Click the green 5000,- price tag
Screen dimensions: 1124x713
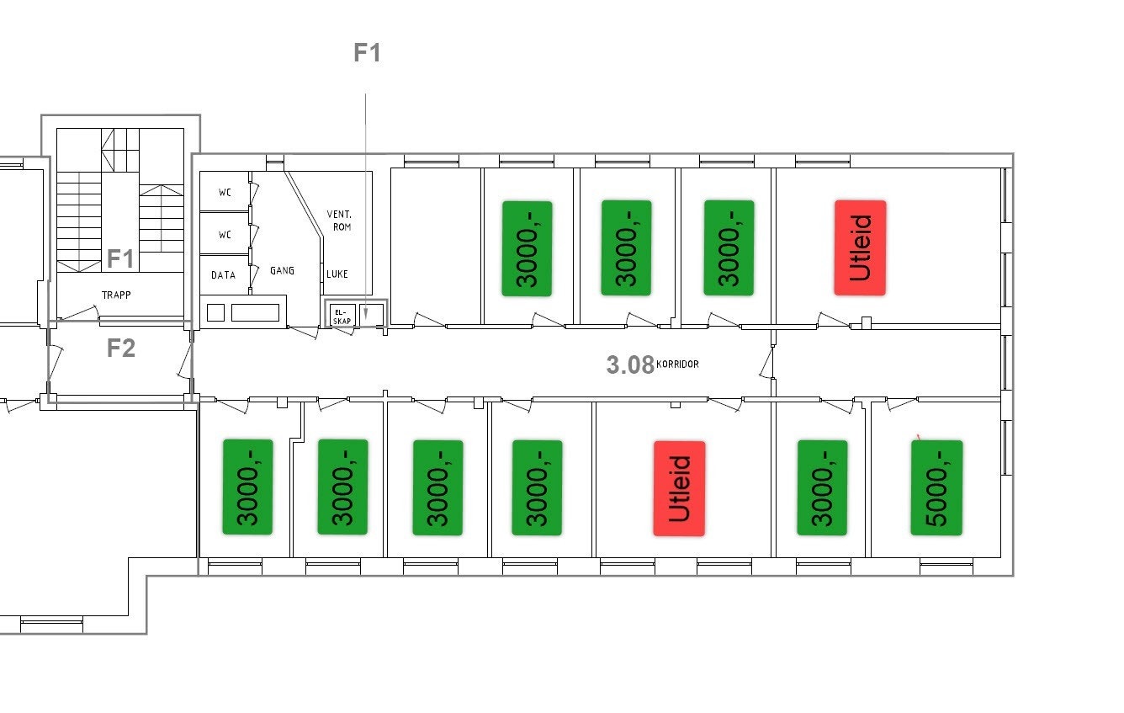(x=937, y=488)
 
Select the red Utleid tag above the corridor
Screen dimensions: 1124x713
(x=860, y=248)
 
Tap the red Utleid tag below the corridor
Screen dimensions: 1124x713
(x=680, y=488)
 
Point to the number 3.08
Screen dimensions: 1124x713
(x=630, y=365)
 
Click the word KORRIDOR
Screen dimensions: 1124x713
(x=677, y=364)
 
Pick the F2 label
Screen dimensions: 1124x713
(x=121, y=348)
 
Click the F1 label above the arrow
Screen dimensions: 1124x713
(x=367, y=53)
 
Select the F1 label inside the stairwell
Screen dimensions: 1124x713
(x=120, y=258)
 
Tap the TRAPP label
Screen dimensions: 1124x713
(x=116, y=295)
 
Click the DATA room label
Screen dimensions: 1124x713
(x=223, y=275)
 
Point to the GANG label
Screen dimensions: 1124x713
(x=282, y=271)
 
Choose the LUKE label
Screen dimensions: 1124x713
(x=337, y=274)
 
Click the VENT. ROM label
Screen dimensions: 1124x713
(x=340, y=221)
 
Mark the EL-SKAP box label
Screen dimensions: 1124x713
(x=342, y=317)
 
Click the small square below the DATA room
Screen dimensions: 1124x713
(x=215, y=313)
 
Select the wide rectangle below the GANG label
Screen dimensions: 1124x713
(x=256, y=312)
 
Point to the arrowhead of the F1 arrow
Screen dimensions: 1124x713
(x=366, y=314)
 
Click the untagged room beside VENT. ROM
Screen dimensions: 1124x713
(x=436, y=246)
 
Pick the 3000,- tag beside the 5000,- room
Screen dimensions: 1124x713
(x=823, y=487)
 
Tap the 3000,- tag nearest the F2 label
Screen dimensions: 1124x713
(x=248, y=487)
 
